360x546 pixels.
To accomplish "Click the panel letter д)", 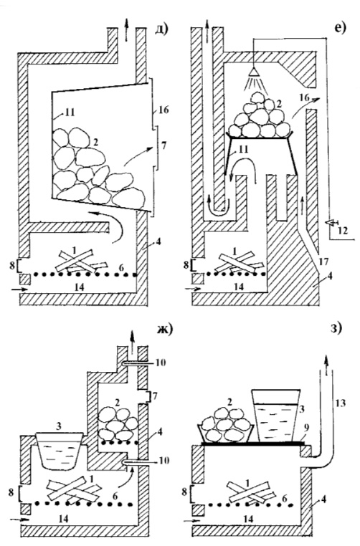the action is click(161, 29).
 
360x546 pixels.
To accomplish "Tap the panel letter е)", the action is click(339, 29).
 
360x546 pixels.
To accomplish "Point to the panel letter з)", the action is click(336, 328).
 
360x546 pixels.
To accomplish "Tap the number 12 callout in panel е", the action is click(343, 230).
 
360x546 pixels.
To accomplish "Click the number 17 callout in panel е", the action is click(323, 261).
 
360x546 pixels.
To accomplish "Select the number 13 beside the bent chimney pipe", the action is click(341, 403).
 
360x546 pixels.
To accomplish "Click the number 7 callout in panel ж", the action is click(155, 396).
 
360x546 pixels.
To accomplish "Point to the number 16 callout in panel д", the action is click(163, 110).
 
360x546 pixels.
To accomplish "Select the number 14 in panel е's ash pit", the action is click(238, 287).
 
